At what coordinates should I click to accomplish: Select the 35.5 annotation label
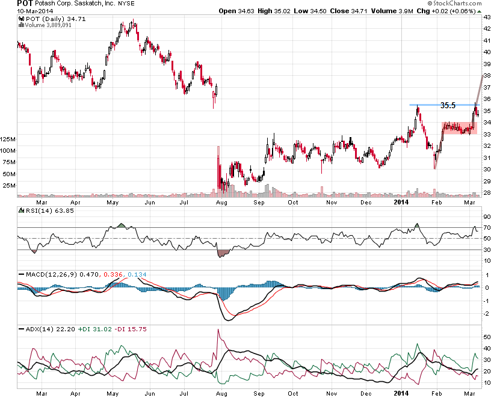448,105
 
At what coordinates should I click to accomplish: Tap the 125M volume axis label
9,139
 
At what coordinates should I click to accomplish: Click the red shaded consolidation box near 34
459,128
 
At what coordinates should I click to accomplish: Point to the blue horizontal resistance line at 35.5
427,105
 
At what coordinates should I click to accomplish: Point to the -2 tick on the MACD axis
485,313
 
